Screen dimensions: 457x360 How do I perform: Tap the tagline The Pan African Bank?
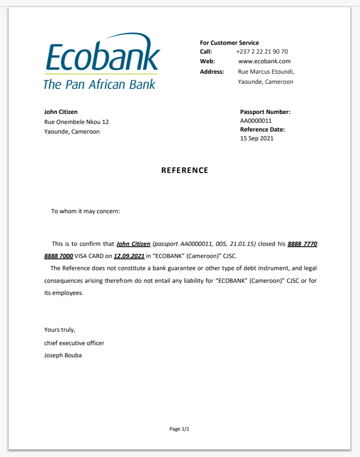(99, 84)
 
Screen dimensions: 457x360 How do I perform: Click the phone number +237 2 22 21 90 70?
(262, 52)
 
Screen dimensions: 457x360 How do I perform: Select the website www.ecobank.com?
(264, 61)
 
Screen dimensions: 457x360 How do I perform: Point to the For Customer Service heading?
(229, 43)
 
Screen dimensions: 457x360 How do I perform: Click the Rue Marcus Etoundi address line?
(266, 72)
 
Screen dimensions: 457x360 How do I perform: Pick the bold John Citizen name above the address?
(61, 112)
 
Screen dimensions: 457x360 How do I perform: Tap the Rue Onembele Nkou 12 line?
(77, 122)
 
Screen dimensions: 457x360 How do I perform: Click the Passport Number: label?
(265, 112)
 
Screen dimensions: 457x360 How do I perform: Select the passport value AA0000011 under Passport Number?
(256, 121)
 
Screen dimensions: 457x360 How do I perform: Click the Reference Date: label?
(262, 129)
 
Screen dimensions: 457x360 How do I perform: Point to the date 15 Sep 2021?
(257, 138)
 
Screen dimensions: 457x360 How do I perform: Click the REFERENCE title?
(185, 170)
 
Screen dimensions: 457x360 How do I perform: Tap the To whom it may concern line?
(86, 211)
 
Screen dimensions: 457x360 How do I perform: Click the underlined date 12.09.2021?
(129, 256)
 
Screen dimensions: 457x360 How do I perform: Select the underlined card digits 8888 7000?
(59, 256)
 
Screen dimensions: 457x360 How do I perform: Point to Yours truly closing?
(60, 330)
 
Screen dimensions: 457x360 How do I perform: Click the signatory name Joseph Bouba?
(63, 355)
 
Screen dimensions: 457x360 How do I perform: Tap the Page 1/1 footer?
(179, 429)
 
